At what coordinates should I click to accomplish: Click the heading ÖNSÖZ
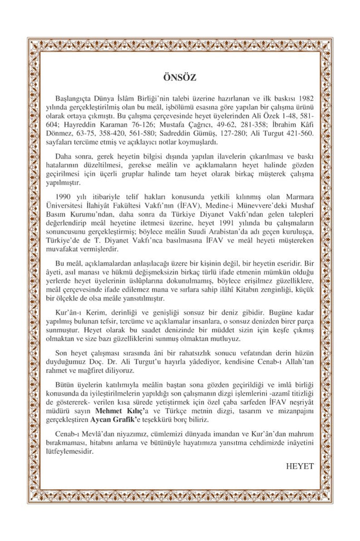180,77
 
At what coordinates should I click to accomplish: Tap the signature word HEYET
299,467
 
